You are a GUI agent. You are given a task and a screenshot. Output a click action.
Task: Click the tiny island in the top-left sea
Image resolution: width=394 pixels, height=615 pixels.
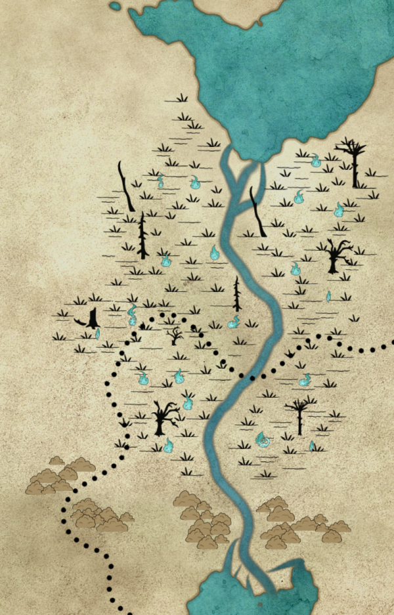coord(116,7)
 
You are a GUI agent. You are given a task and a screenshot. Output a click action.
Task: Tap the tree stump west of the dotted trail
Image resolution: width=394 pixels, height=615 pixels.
coord(93,319)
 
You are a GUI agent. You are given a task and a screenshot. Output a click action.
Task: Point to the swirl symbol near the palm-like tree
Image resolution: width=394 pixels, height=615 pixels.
coord(263,439)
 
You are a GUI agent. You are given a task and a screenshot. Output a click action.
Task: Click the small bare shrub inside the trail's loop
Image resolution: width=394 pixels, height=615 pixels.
coord(175,336)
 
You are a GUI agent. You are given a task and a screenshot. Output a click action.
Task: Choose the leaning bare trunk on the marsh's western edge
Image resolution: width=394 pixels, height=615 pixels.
coord(125,186)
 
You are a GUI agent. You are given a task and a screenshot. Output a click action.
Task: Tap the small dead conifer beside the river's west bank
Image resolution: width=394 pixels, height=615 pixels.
coord(237,293)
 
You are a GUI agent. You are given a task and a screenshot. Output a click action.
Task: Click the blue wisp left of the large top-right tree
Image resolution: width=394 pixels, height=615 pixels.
coord(316,159)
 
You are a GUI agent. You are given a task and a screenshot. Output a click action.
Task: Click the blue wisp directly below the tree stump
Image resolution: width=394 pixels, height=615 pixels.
coord(98,334)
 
